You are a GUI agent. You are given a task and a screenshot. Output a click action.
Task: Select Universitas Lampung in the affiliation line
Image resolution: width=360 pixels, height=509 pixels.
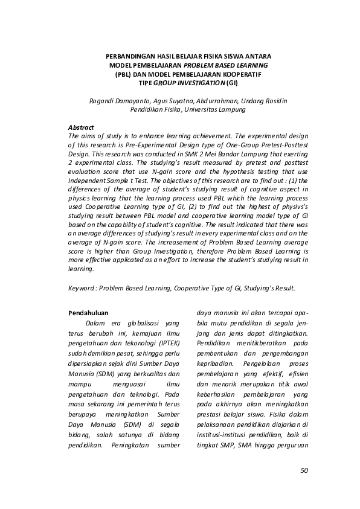217,110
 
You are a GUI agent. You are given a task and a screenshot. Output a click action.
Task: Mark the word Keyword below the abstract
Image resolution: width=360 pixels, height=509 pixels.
83,288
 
